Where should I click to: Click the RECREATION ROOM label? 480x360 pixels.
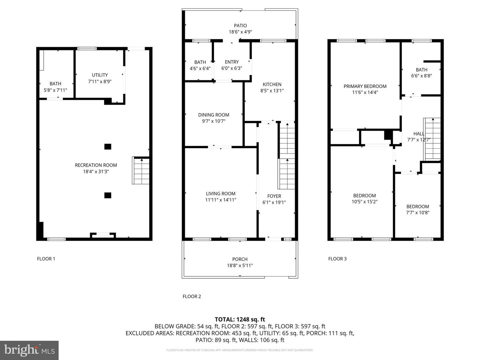pos(96,165)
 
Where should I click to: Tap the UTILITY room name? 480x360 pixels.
pos(100,75)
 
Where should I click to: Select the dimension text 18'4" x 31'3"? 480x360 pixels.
pos(96,171)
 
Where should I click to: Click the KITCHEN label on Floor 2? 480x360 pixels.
pos(272,84)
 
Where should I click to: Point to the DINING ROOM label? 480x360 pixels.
pos(214,115)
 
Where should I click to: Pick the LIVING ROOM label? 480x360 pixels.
pos(221,193)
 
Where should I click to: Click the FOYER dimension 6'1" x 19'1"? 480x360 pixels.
pos(274,202)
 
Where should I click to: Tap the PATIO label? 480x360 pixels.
pos(240,26)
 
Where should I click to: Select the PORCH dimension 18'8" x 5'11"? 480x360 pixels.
pos(240,265)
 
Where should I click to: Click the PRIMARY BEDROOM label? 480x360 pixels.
pos(365,86)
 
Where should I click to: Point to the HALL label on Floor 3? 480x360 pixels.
pos(419,134)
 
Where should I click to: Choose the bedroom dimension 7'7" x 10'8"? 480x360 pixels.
pos(418,212)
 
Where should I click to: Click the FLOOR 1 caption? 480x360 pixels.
pos(46,259)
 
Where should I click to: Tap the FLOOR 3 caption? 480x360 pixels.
pos(337,259)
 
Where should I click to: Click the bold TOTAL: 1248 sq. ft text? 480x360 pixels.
pos(240,319)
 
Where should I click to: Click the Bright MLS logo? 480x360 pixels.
pos(29,350)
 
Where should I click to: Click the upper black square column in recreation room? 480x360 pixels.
pos(108,146)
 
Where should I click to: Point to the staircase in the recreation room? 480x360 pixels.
pos(141,170)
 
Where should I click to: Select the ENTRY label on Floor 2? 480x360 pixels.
pos(232,62)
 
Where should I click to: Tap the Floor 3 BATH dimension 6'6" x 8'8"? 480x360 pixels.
pos(421,76)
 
